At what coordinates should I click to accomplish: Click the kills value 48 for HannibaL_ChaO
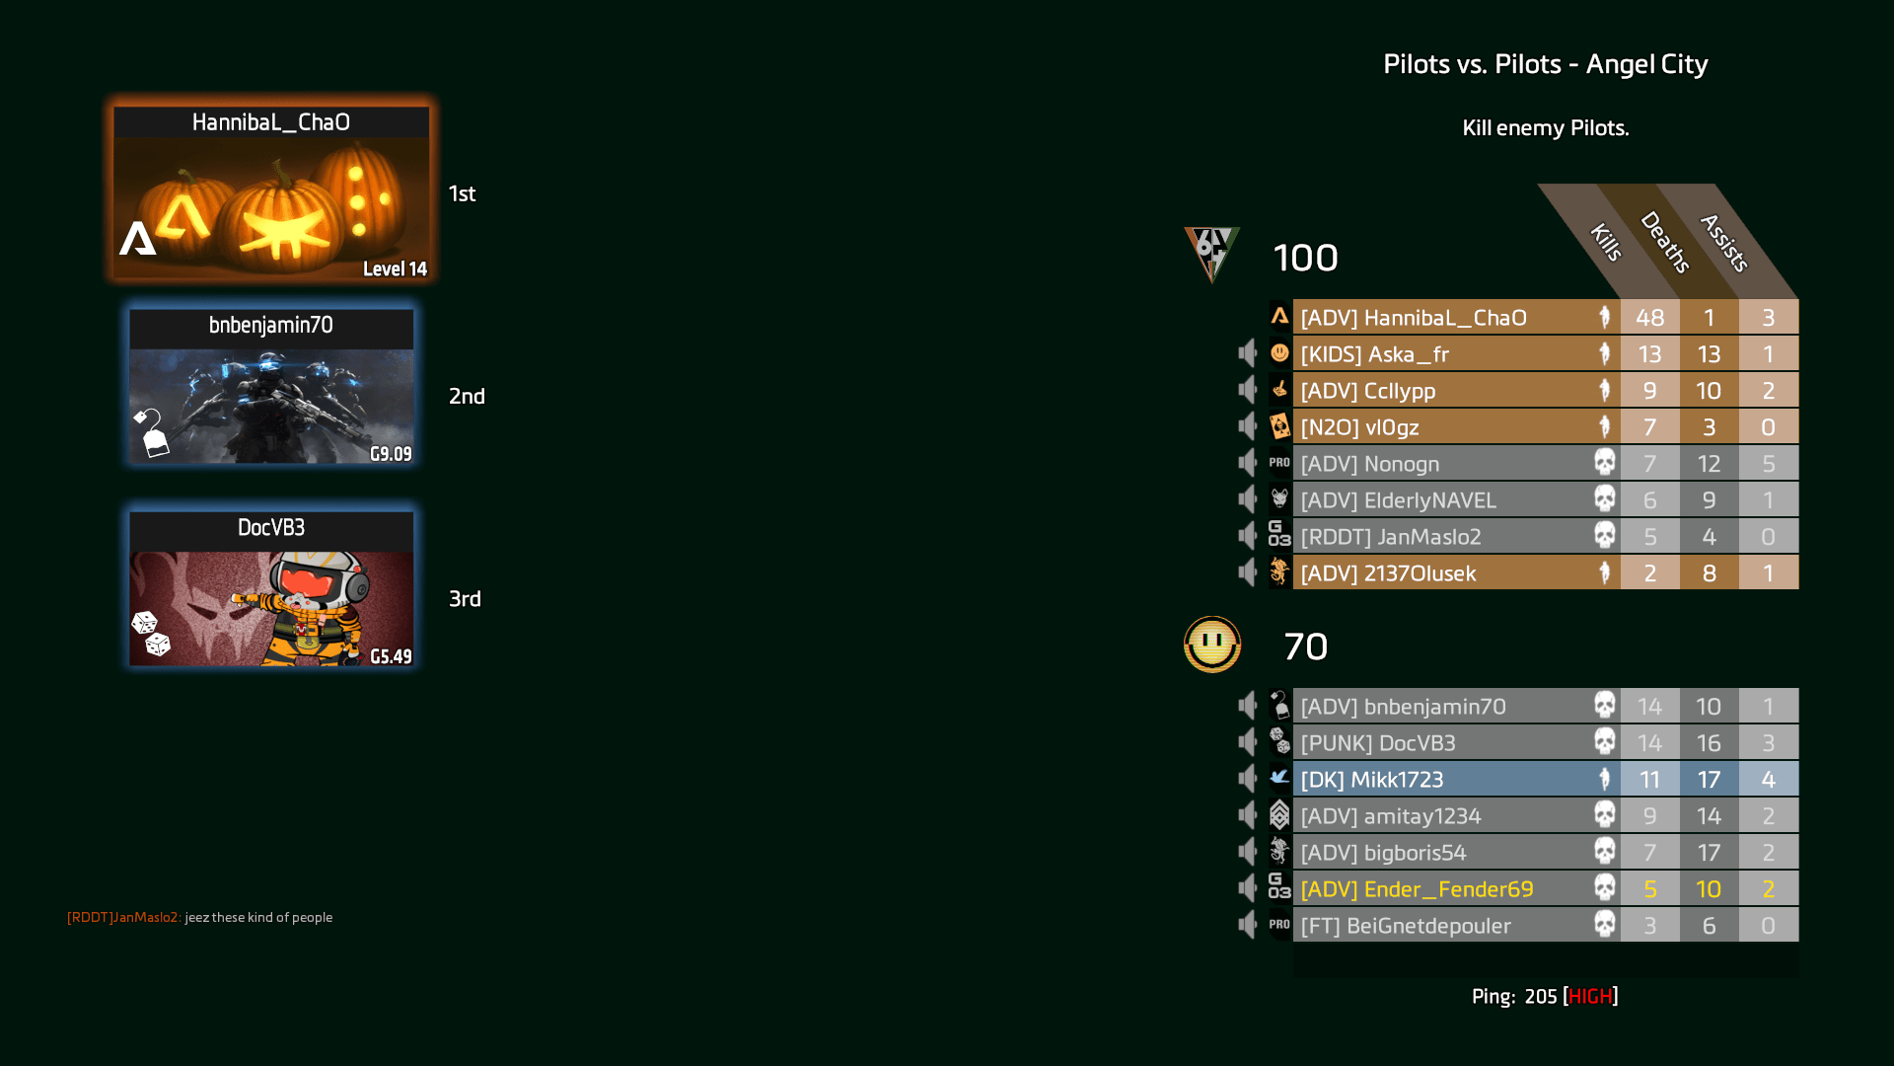pos(1649,318)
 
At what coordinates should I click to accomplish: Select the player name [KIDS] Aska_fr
pos(1374,354)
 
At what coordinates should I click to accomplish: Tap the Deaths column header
pos(1665,241)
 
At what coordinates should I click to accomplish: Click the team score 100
pos(1305,259)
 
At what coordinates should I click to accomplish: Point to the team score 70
pos(1305,647)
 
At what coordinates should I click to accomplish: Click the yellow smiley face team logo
pos(1212,645)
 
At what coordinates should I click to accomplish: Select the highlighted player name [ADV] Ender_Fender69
pos(1417,889)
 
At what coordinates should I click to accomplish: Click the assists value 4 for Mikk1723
pos(1768,780)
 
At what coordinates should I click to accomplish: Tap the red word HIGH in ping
pos(1590,997)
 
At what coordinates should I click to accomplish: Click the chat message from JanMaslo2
pos(199,918)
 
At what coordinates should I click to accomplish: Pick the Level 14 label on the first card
pos(395,269)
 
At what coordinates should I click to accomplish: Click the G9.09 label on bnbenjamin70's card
pos(391,454)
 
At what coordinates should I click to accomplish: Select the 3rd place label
pos(465,599)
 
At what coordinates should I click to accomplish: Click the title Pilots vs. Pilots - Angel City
pos(1545,64)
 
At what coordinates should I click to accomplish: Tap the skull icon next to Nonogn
pos(1605,462)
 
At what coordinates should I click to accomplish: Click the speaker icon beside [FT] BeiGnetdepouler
pos(1248,925)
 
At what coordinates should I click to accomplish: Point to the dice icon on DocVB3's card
pos(151,633)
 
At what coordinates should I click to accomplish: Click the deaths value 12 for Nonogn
pos(1709,464)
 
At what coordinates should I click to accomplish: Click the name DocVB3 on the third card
pos(271,528)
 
